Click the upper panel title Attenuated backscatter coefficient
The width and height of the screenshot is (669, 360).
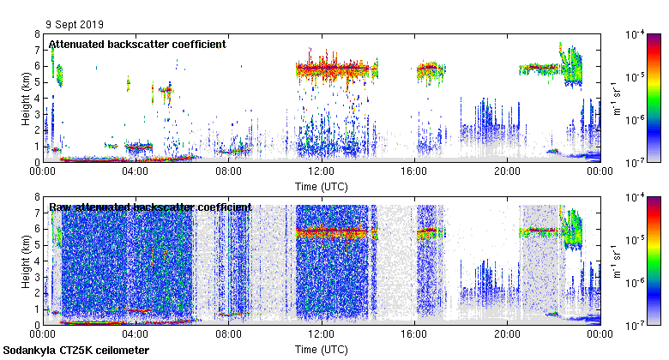[x=137, y=44]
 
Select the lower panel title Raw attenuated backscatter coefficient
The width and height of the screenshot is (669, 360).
[x=150, y=207]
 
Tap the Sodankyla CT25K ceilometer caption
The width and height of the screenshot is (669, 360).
[x=76, y=351]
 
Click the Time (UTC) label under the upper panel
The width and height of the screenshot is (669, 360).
[x=321, y=186]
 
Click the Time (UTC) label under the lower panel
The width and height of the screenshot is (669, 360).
[x=321, y=350]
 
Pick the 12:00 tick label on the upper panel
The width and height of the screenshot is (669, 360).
[x=321, y=171]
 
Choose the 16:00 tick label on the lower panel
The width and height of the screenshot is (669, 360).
[x=414, y=335]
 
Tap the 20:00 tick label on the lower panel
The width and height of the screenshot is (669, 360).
[x=507, y=335]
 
